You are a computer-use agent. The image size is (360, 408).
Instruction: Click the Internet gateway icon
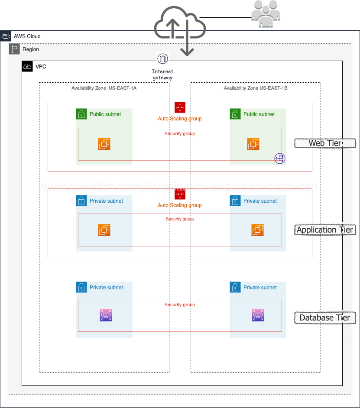click(x=162, y=59)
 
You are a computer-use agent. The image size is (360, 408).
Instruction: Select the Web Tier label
click(x=324, y=143)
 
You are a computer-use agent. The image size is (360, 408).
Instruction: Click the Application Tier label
click(x=324, y=230)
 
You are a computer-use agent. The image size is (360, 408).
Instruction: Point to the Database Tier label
click(x=324, y=317)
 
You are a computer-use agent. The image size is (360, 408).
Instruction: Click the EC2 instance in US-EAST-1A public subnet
click(x=104, y=144)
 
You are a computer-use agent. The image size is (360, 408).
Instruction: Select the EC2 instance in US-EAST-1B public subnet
click(x=253, y=144)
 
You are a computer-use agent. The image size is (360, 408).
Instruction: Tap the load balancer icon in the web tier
click(x=280, y=159)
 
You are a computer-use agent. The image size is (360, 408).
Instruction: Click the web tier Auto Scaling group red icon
click(x=180, y=107)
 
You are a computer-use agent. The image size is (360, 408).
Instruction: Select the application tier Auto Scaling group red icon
click(x=180, y=194)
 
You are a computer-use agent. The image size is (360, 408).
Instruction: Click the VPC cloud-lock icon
click(x=27, y=66)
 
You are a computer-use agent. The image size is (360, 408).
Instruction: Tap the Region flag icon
click(x=14, y=49)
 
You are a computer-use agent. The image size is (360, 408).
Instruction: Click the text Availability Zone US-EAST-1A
click(x=104, y=88)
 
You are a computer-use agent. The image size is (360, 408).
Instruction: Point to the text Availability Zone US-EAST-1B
click(x=256, y=88)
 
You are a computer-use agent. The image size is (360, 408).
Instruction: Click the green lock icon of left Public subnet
click(x=81, y=114)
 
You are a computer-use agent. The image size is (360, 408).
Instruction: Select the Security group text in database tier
click(x=180, y=305)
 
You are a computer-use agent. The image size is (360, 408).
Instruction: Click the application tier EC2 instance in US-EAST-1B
click(x=258, y=230)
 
